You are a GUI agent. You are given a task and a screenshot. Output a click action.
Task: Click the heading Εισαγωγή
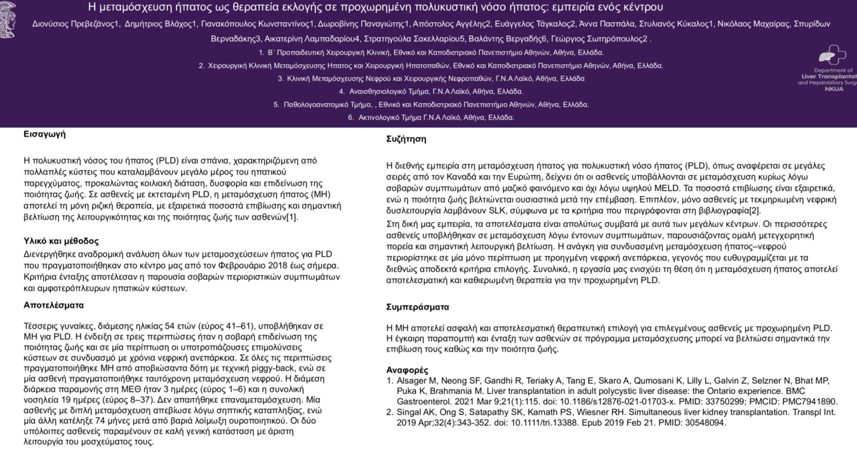coord(44,134)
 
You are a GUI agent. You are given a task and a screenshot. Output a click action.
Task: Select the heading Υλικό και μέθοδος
coord(61,241)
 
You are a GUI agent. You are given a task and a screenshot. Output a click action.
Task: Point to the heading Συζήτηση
coord(406,139)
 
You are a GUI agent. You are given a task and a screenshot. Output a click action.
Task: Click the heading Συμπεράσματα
coord(418,307)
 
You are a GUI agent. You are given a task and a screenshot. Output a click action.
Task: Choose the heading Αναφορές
coord(407,370)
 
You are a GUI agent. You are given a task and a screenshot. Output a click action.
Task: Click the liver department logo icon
coord(832,55)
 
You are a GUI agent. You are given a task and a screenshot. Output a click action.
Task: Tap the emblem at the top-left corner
coord(8,20)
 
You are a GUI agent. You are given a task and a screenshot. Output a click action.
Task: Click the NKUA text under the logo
coord(834,89)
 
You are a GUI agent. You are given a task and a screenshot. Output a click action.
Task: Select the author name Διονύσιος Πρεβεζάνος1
coord(76,24)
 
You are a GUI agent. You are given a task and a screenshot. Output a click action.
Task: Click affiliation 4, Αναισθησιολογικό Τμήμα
coord(431,92)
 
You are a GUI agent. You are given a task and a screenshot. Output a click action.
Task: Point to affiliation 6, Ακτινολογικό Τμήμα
coord(431,118)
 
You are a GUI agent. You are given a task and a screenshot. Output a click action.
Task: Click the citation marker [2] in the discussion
coord(755,211)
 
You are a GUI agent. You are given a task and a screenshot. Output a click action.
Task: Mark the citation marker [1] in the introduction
coord(291,217)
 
